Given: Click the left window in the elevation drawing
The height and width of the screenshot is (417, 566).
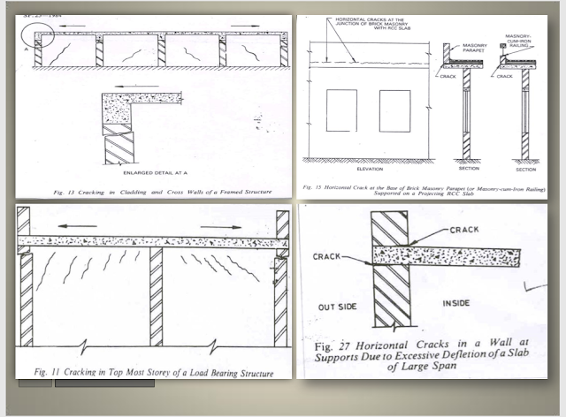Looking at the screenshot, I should [340, 108].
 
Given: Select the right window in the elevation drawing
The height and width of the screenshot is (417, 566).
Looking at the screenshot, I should [394, 108].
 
